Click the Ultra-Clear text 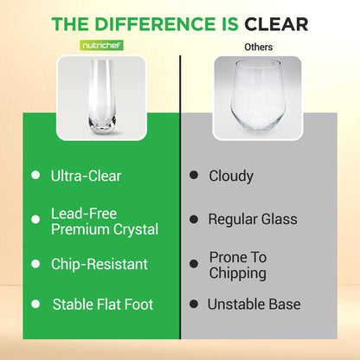[86, 176]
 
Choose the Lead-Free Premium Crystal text [105, 221]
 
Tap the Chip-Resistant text [99, 264]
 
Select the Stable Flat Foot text [104, 305]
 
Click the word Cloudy [231, 176]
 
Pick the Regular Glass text [253, 219]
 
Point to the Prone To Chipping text [238, 265]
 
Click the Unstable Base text [254, 305]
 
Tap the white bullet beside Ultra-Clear [35, 176]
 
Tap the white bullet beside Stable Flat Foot [35, 305]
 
